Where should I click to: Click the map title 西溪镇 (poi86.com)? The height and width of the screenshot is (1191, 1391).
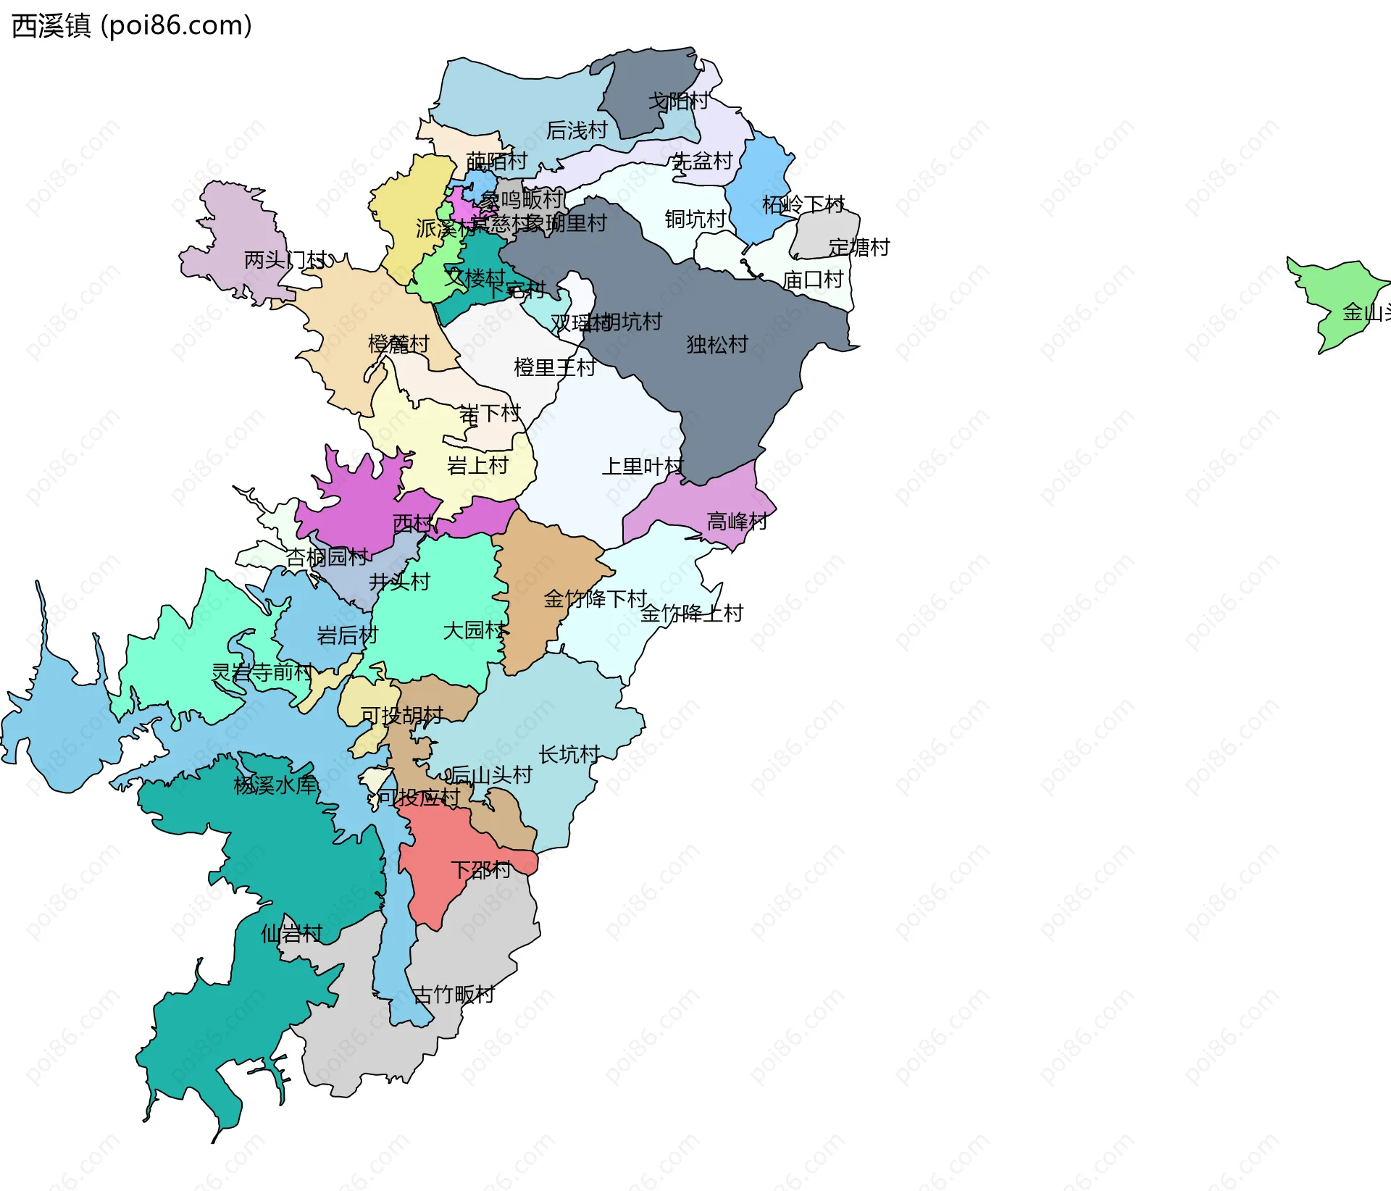pyautogui.click(x=132, y=25)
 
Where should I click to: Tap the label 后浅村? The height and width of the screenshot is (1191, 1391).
pyautogui.click(x=577, y=130)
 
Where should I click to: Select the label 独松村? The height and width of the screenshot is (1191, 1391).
pyautogui.click(x=717, y=344)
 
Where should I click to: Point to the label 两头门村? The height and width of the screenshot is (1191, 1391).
pyautogui.click(x=285, y=259)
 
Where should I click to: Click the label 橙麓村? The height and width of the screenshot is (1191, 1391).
pyautogui.click(x=398, y=343)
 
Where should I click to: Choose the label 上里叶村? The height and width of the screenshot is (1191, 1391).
pyautogui.click(x=642, y=466)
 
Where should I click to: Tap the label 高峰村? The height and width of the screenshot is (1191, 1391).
pyautogui.click(x=737, y=521)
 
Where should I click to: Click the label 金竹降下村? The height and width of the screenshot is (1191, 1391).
pyautogui.click(x=595, y=598)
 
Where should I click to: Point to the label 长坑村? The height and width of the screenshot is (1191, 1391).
pyautogui.click(x=569, y=754)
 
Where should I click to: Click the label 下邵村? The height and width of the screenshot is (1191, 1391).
pyautogui.click(x=481, y=869)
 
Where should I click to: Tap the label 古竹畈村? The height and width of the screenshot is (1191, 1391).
pyautogui.click(x=454, y=994)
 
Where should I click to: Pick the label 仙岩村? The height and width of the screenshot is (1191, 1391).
pyautogui.click(x=291, y=933)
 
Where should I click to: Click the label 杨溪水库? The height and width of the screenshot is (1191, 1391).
pyautogui.click(x=275, y=785)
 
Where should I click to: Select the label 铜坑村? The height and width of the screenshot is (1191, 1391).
pyautogui.click(x=695, y=219)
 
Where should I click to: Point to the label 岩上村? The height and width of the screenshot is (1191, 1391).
pyautogui.click(x=477, y=465)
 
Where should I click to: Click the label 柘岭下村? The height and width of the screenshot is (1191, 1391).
pyautogui.click(x=803, y=204)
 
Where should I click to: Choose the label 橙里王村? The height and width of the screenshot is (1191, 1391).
pyautogui.click(x=554, y=367)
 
